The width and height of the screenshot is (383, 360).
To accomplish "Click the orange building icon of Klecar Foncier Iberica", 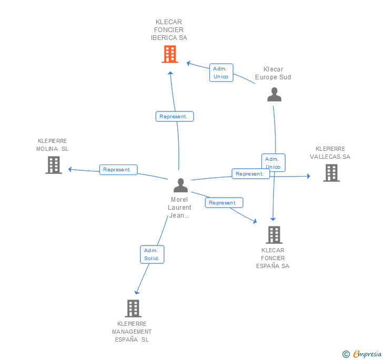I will (169, 54).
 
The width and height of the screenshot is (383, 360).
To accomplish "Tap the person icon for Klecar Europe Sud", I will (274, 95).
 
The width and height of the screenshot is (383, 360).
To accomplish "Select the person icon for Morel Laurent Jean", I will (180, 186).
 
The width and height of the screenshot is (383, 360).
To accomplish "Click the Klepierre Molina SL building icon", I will (53, 165).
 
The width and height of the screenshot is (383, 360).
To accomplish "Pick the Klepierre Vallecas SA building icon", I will (331, 172).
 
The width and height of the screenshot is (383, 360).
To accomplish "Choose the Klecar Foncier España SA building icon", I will (274, 234).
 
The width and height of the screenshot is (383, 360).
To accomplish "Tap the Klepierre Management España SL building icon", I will (133, 308).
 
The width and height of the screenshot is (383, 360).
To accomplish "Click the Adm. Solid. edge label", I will (153, 254).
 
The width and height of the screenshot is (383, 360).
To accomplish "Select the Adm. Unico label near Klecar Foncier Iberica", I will (221, 73).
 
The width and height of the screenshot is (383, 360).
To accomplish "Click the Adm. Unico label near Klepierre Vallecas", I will (273, 163).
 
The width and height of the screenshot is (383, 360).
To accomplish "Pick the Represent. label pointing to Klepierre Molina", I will (118, 170).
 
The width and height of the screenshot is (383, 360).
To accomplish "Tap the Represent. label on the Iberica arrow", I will (175, 117).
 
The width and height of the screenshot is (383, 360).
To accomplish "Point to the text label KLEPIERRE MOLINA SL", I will (53, 145).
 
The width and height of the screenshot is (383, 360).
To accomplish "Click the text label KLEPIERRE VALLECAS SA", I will (330, 152).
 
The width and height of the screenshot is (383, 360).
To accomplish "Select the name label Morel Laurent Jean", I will (179, 208).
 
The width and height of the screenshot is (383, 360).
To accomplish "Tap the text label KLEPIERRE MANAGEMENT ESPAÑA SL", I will (132, 332).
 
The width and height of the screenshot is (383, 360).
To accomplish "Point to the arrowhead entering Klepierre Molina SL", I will (70, 169).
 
